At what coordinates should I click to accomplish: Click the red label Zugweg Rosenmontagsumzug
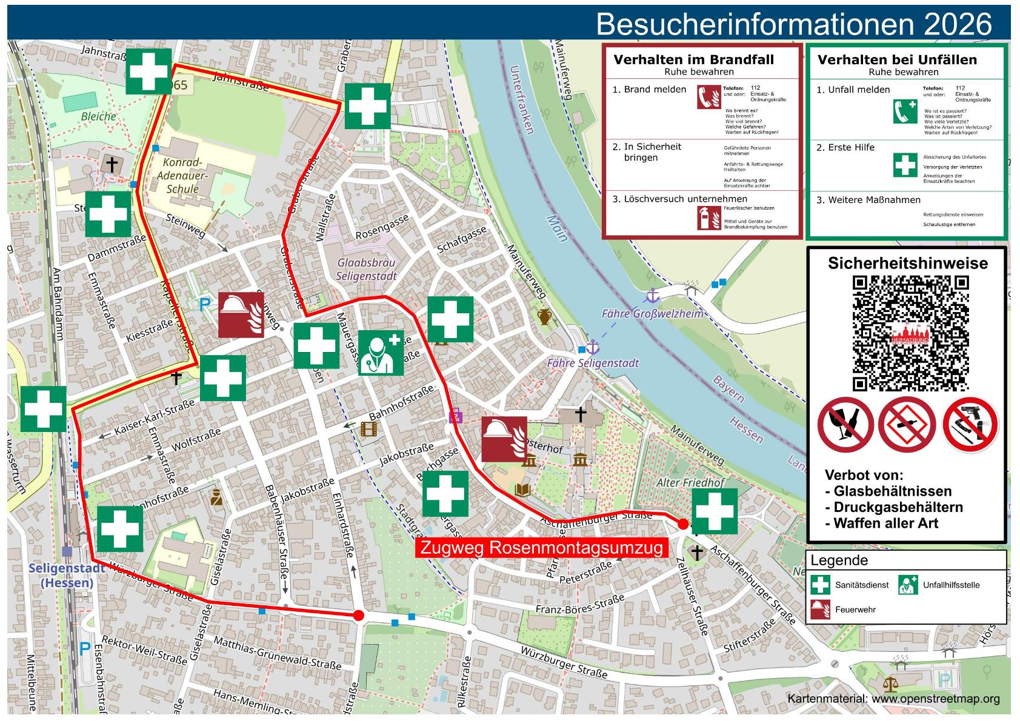541,548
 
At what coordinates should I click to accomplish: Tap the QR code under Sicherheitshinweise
910,333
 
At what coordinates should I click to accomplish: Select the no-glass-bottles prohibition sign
845,424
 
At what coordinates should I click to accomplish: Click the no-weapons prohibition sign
970,424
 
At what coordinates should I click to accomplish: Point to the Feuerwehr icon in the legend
821,609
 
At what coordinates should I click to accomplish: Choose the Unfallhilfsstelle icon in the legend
908,585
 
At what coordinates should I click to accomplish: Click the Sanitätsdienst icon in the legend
821,585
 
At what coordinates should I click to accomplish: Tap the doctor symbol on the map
381,353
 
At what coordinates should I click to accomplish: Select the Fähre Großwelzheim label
652,314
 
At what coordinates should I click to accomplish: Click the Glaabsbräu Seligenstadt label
367,270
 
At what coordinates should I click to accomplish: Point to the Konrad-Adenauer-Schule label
182,176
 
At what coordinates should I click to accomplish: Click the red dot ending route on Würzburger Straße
358,616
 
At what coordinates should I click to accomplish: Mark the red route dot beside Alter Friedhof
683,524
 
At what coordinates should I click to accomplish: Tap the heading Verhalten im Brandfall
693,59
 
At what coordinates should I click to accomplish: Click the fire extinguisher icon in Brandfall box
705,218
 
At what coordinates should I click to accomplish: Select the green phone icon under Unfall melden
905,111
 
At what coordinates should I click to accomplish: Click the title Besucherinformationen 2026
793,24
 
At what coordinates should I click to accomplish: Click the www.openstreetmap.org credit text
935,699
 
